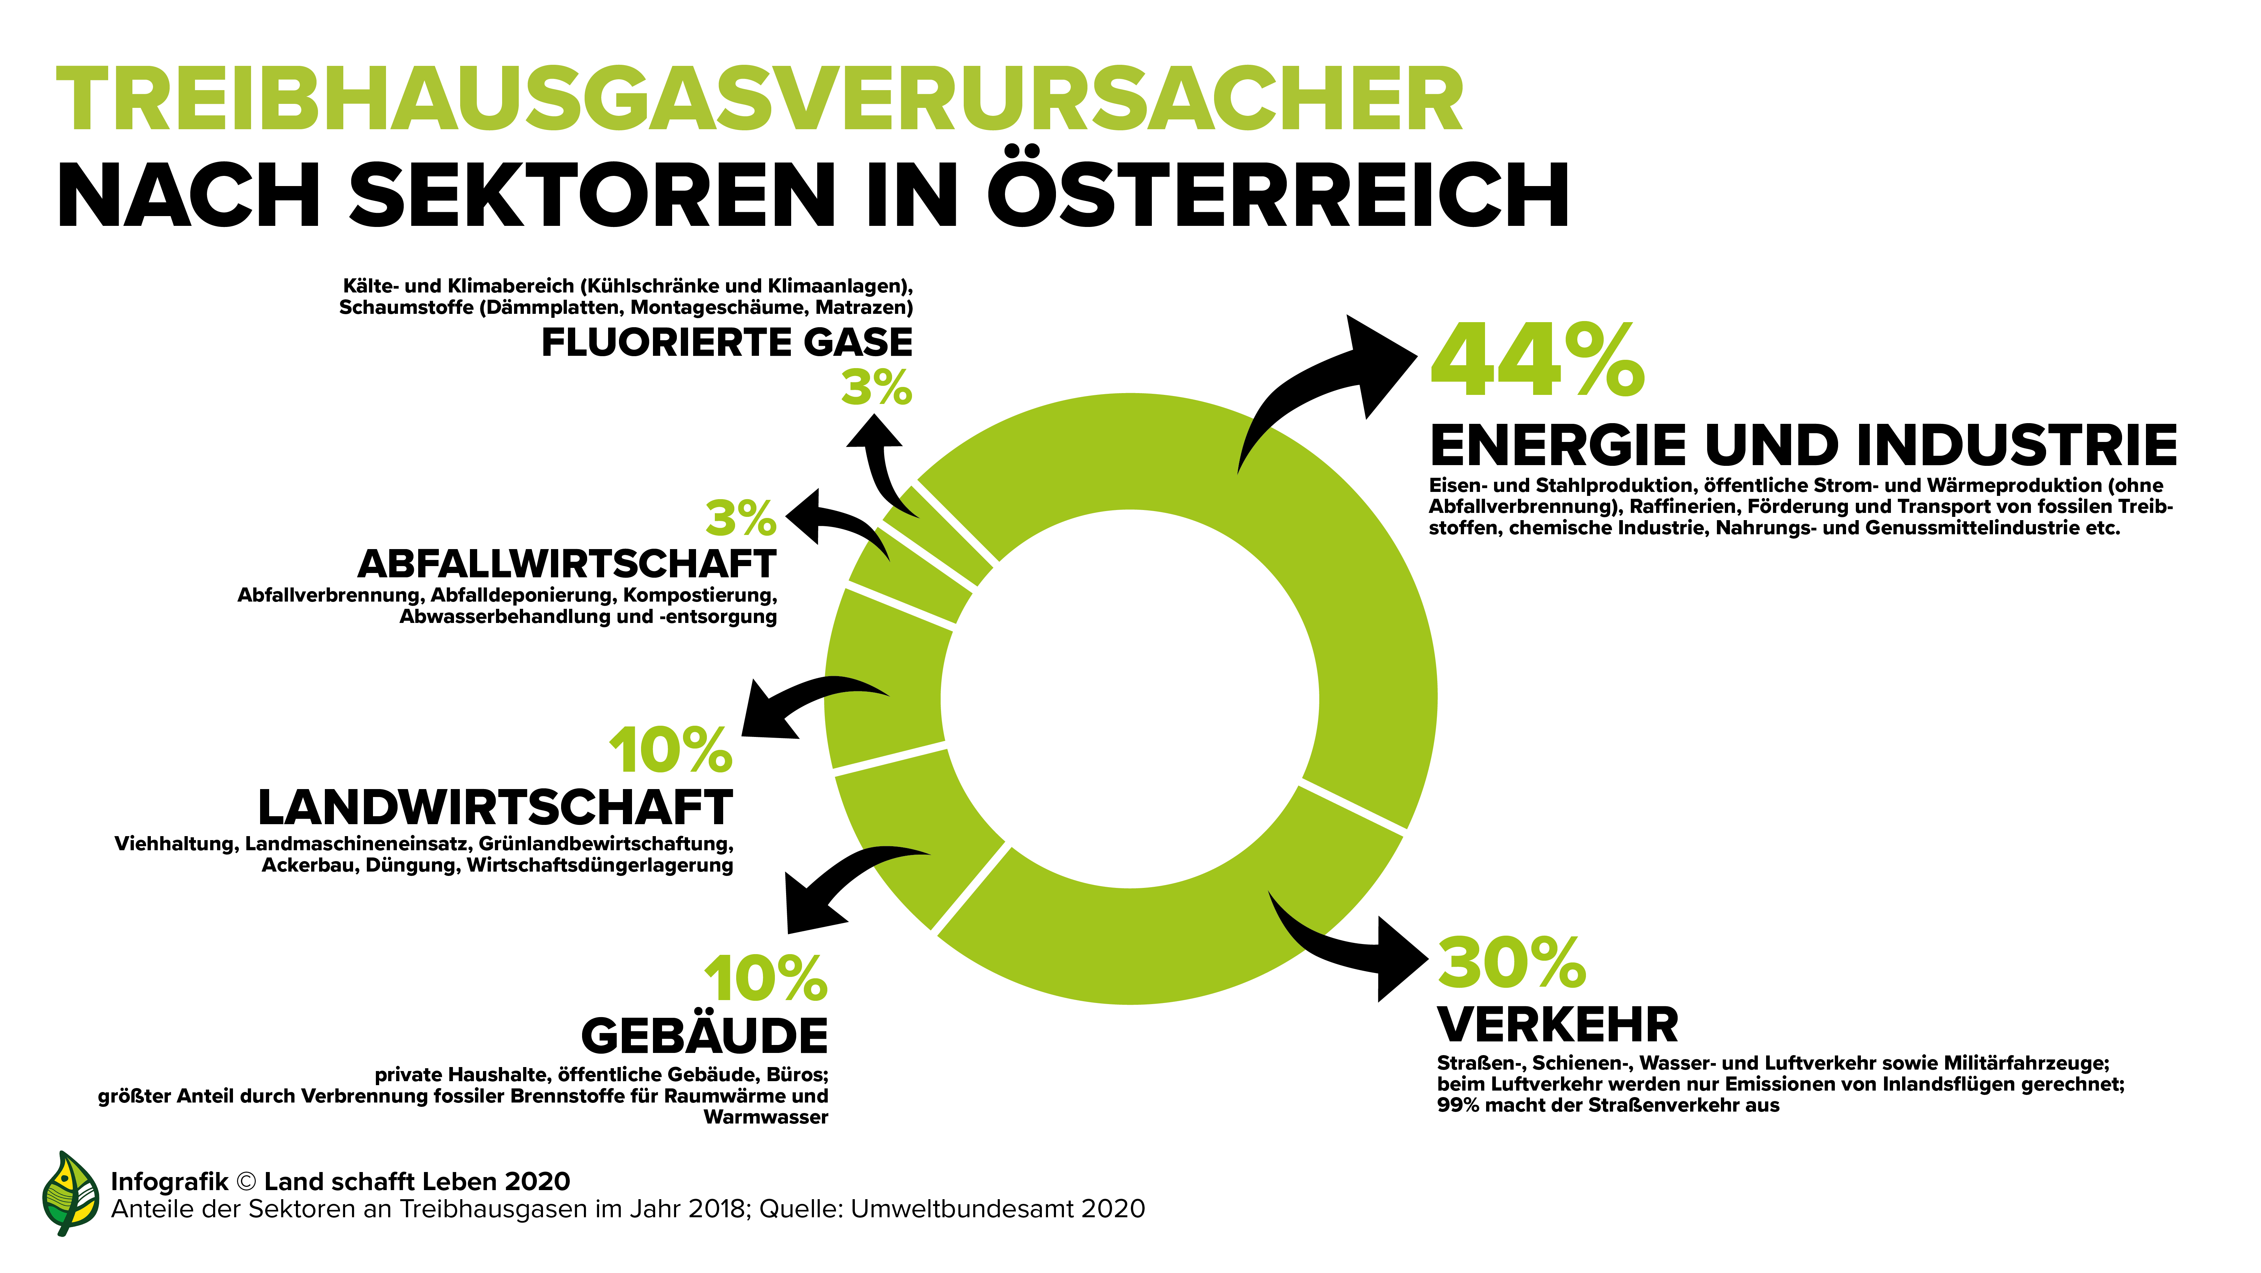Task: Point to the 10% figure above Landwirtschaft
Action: click(671, 751)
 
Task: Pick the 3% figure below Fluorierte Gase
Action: click(876, 388)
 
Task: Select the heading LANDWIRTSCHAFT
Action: click(495, 808)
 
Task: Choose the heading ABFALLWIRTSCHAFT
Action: click(567, 564)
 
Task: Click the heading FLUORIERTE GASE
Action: click(727, 342)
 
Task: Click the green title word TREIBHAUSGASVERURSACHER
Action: click(759, 100)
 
